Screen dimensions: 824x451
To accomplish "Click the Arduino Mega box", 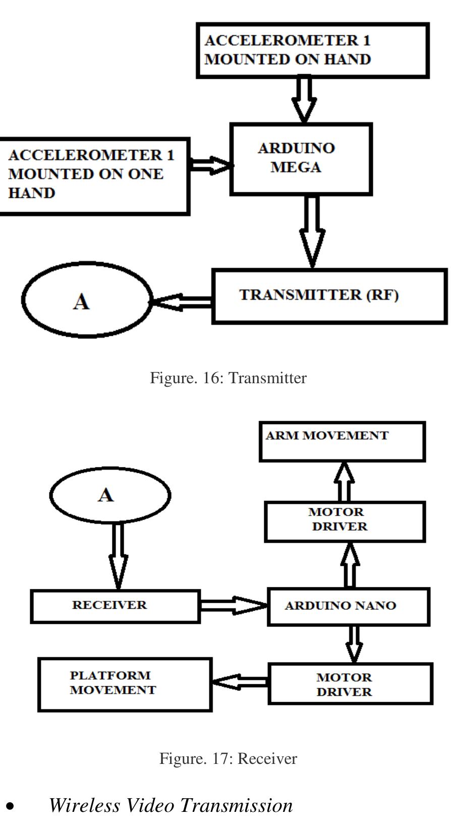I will tap(301, 159).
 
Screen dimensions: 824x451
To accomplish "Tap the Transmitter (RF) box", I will tap(329, 296).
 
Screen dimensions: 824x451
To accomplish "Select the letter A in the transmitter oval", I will tap(82, 302).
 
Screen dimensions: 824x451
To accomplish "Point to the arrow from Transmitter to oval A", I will tap(182, 302).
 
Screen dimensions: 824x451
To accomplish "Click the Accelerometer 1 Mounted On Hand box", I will tap(312, 50).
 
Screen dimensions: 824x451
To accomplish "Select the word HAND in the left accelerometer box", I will tap(31, 193).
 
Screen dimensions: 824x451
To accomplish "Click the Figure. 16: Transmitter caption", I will tap(228, 378).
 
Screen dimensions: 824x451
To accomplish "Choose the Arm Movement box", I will tap(342, 442).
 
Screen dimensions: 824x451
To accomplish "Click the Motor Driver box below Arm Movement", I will tap(345, 521).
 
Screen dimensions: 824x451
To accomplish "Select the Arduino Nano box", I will tap(348, 606).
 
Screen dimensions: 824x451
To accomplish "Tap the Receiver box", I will tap(115, 606).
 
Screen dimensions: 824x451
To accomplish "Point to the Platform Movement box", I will tap(125, 684).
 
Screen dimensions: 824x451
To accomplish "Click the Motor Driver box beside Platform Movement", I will tap(350, 684).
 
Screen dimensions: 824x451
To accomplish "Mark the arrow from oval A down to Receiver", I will tap(118, 555).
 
